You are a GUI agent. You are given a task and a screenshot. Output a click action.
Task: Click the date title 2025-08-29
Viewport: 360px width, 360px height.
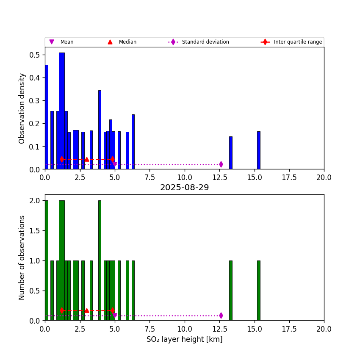(184, 188)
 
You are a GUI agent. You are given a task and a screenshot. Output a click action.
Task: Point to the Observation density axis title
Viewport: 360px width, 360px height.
(22, 108)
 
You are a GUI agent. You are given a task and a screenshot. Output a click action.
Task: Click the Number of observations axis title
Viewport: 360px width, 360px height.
(22, 258)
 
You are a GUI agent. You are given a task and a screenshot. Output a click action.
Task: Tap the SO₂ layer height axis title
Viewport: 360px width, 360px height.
(184, 339)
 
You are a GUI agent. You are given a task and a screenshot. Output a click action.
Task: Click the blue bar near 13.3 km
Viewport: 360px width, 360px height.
(230, 153)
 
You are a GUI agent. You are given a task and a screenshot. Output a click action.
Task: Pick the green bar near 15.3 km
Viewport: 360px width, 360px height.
(258, 290)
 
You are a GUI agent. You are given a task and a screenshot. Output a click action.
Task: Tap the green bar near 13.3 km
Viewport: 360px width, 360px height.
(230, 290)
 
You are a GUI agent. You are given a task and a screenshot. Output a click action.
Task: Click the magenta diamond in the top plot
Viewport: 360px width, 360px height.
(221, 164)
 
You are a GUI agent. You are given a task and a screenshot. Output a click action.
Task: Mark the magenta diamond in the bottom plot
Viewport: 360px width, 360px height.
(221, 316)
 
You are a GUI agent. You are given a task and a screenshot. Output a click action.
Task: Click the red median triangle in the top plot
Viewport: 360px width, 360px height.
(86, 159)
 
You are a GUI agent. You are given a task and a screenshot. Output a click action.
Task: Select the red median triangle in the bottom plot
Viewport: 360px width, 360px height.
(86, 310)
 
